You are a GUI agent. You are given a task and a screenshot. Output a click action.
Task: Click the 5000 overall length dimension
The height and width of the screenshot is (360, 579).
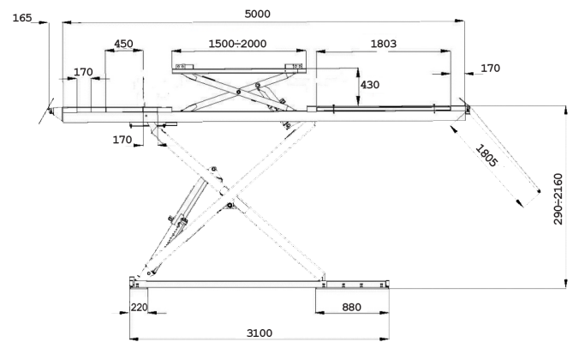(257, 14)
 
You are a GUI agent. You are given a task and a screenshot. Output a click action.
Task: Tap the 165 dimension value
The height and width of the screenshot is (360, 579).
(22, 18)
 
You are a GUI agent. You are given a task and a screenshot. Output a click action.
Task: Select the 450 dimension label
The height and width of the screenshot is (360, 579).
(123, 44)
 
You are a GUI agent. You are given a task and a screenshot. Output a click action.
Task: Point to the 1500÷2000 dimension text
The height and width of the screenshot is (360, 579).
(237, 44)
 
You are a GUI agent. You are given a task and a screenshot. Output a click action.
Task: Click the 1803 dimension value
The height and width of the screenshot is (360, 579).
(384, 44)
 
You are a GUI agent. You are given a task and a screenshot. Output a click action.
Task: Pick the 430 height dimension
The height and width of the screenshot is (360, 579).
(370, 85)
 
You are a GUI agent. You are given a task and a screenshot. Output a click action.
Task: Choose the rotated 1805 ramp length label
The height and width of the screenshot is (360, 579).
(486, 156)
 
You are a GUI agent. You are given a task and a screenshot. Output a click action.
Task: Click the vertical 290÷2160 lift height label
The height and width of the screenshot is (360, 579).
(558, 199)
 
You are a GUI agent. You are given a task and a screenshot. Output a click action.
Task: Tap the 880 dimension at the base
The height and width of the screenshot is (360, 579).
(351, 307)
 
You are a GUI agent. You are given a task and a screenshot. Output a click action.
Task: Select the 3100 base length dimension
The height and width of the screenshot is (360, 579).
(260, 333)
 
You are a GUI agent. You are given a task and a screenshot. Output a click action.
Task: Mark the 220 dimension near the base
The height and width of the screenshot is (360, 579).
(140, 307)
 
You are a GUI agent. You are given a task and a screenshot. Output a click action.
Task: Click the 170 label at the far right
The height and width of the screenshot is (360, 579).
(491, 68)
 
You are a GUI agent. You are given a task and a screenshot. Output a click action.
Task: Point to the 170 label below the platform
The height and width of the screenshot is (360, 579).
(122, 140)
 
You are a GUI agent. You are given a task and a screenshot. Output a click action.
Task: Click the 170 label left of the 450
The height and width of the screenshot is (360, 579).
(83, 72)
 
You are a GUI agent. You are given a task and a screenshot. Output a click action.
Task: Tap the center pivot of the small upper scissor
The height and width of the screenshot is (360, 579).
(239, 91)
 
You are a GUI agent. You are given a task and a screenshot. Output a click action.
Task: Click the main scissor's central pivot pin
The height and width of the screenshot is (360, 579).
(230, 205)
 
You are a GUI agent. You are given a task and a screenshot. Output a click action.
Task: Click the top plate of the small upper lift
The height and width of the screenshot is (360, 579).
(239, 70)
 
